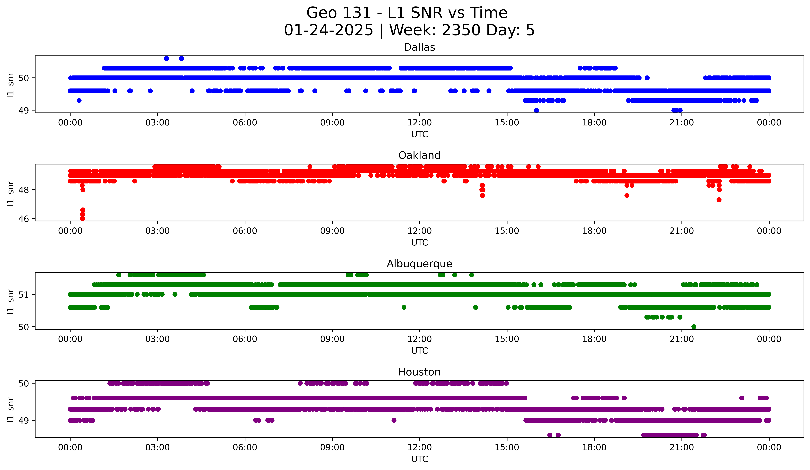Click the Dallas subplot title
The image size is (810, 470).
pos(419,47)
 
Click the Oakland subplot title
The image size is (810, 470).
pos(419,155)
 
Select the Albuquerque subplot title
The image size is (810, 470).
pos(419,264)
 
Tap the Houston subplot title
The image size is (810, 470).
pos(419,372)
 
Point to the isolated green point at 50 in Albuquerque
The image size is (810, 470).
pos(694,327)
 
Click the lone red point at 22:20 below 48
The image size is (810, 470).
pos(719,200)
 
